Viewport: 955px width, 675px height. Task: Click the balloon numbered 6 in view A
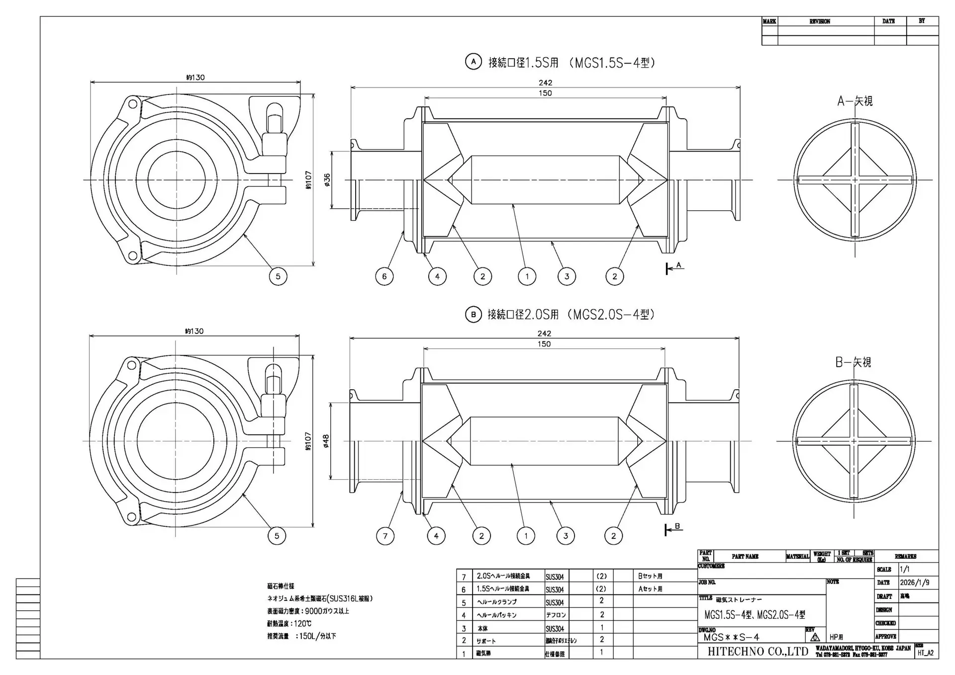[384, 276]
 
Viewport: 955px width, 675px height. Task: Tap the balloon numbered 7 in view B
[385, 536]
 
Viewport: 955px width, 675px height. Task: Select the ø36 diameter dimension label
[327, 180]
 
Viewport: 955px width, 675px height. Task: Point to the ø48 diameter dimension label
[326, 441]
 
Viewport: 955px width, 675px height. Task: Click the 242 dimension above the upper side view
[545, 83]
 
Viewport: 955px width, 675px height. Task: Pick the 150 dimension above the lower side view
[544, 344]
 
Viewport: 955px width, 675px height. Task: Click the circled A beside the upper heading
[473, 62]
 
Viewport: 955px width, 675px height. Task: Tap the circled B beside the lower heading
[473, 314]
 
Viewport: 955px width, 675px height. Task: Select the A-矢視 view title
[855, 101]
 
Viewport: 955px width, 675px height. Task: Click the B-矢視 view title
[853, 362]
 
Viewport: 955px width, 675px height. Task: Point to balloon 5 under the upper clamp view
[278, 276]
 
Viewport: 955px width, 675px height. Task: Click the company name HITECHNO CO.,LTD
[758, 652]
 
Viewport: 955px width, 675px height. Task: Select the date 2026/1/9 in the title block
[914, 583]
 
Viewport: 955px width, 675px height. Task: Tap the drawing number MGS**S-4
[731, 637]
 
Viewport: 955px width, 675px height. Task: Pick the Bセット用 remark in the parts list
[650, 576]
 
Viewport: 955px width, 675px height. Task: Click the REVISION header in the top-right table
[820, 21]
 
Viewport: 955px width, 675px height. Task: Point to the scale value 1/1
[904, 570]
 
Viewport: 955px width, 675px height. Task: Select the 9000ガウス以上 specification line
[308, 611]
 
